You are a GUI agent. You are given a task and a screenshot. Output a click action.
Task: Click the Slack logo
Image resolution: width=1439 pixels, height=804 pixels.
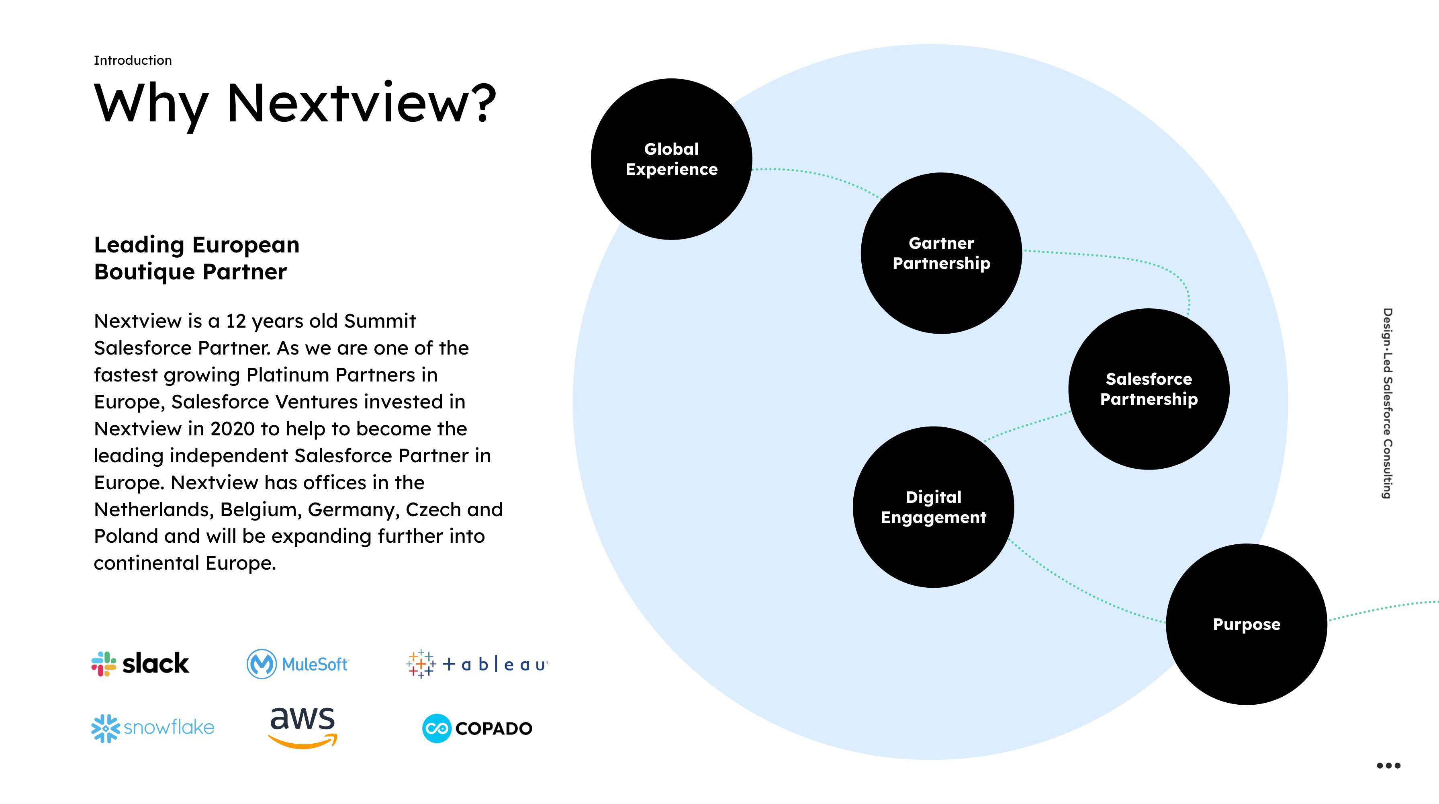click(x=140, y=664)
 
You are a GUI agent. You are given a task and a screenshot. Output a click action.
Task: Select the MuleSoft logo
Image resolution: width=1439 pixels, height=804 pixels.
click(x=298, y=664)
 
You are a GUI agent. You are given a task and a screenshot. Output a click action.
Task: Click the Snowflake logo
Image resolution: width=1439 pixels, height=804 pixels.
click(x=153, y=727)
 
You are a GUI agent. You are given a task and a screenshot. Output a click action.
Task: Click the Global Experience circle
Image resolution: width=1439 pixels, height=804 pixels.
click(x=671, y=159)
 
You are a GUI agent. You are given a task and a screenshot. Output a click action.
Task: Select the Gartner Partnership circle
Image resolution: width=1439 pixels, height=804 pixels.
click(x=941, y=253)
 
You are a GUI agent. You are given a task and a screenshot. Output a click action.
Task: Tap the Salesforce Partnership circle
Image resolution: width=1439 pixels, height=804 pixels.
click(x=1149, y=389)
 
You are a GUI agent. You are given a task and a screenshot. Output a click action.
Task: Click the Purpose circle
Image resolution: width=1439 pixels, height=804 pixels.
click(x=1246, y=624)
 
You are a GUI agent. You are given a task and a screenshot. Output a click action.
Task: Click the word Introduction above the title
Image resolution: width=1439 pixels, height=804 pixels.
click(x=133, y=60)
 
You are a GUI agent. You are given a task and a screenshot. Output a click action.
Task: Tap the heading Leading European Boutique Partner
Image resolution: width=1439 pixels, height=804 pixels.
click(x=196, y=258)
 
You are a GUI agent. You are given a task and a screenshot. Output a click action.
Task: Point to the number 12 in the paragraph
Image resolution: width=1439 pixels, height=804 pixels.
click(x=236, y=321)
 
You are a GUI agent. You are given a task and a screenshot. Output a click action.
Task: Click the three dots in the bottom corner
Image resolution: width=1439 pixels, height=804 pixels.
click(x=1388, y=765)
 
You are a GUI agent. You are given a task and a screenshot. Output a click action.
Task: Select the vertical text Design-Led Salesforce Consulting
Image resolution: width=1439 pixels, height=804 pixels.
click(x=1388, y=402)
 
